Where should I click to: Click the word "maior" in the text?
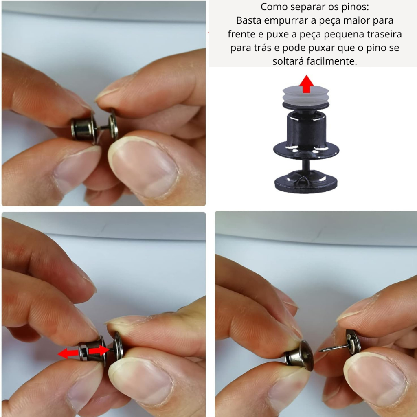(x=356, y=20)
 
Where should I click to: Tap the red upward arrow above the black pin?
(x=306, y=84)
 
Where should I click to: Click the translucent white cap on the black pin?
(x=306, y=95)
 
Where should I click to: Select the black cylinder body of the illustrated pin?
(x=306, y=127)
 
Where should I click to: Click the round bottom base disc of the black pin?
(x=306, y=182)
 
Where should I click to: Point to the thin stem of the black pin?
(x=306, y=165)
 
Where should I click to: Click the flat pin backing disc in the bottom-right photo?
(x=353, y=342)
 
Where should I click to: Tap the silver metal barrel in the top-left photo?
(x=83, y=128)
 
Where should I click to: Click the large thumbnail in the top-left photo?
(x=144, y=166)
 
